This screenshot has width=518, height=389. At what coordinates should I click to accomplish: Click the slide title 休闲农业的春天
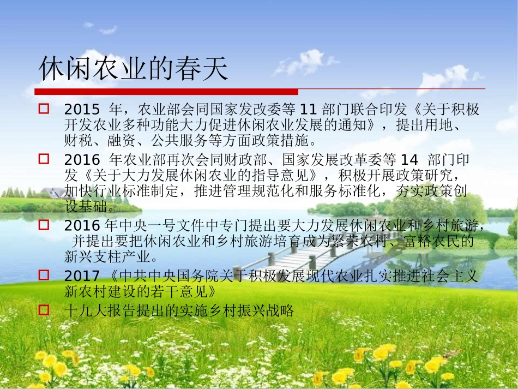(x=134, y=69)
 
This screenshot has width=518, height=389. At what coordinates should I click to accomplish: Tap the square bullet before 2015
(x=44, y=109)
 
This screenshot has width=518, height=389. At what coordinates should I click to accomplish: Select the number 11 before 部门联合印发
(x=309, y=110)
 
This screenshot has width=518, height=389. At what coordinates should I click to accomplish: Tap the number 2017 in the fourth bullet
(x=82, y=276)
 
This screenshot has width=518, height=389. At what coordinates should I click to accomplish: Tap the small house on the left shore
(x=54, y=193)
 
